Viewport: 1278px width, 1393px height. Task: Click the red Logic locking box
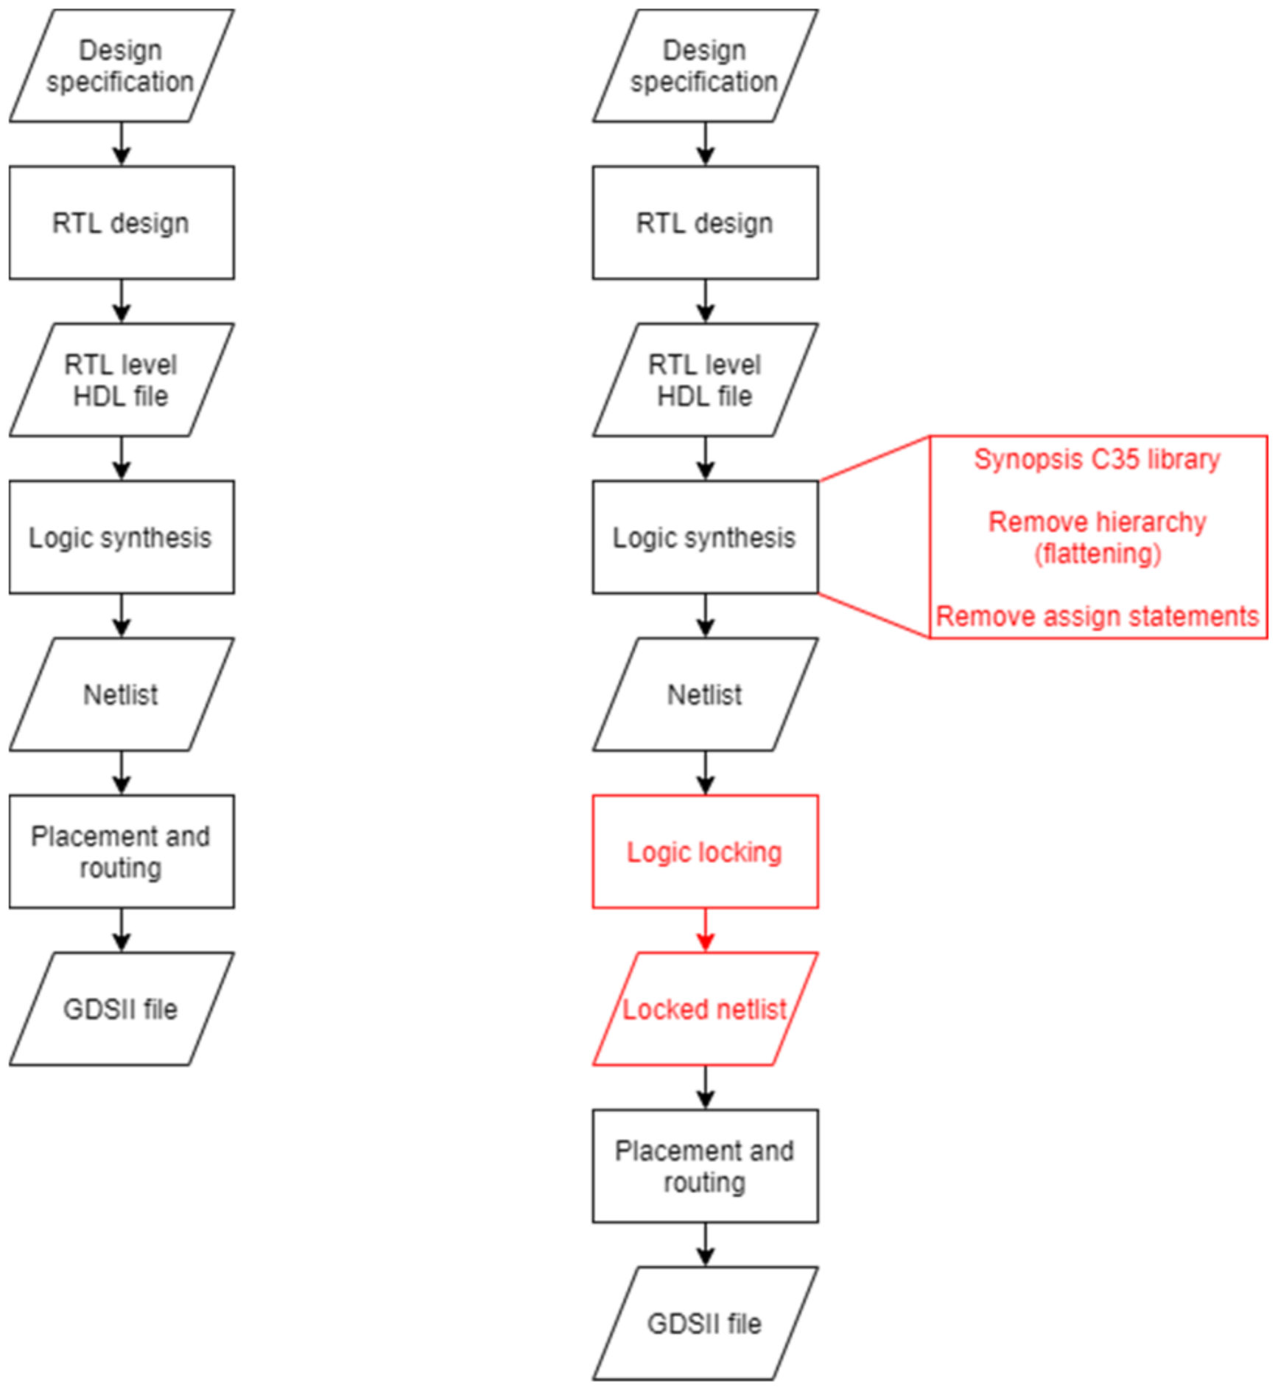tap(705, 851)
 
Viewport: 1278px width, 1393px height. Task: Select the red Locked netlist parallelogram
tap(705, 1008)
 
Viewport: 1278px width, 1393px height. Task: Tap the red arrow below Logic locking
tap(705, 930)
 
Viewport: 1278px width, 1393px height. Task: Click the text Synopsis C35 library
tap(1097, 459)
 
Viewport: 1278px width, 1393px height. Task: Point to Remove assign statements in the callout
tap(1097, 616)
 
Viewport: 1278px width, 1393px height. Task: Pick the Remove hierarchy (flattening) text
tap(1097, 537)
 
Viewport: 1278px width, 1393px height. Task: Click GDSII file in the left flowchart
tap(122, 1008)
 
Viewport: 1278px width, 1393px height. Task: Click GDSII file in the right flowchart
tap(705, 1323)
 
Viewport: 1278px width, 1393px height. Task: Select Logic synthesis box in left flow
tap(122, 537)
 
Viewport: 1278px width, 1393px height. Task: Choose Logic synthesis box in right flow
tap(705, 537)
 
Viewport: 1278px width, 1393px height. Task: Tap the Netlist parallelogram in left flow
tap(122, 694)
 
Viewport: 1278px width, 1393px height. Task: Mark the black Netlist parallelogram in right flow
tap(705, 694)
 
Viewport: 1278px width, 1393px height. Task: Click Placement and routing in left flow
tap(122, 851)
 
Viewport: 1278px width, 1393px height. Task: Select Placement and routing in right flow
tap(705, 1166)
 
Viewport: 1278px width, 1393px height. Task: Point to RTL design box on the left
tap(122, 223)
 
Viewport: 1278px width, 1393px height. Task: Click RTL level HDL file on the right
tap(705, 380)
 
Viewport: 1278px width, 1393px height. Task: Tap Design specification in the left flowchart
tap(122, 66)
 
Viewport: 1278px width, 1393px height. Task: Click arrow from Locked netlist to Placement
tap(705, 1087)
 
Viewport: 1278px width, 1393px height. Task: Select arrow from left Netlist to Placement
tap(122, 772)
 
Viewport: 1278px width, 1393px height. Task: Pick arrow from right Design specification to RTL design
tap(705, 144)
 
